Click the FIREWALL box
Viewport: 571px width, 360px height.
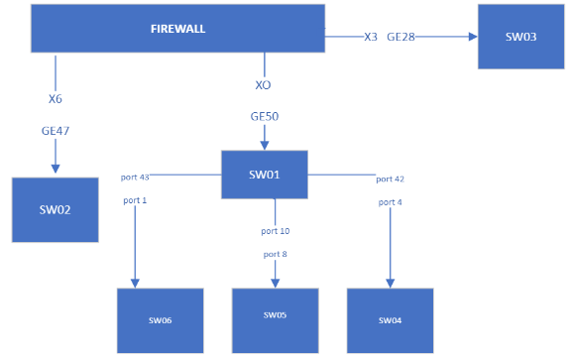point(177,29)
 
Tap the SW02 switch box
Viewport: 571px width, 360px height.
point(55,209)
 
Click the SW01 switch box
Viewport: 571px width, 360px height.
point(264,175)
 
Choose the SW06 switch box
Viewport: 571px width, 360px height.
point(160,320)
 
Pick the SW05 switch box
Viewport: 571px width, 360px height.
point(275,315)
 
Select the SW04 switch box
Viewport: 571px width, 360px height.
point(390,320)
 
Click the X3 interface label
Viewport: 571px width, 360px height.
point(371,37)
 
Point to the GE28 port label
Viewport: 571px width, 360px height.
point(401,37)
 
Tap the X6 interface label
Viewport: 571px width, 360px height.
point(56,99)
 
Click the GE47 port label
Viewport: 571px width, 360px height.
point(56,130)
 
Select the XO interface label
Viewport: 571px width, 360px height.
point(263,85)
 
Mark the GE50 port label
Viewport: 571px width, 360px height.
point(264,117)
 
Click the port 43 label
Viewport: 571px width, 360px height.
point(135,178)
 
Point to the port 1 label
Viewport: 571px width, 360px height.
point(135,200)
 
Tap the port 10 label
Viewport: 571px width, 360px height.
point(276,231)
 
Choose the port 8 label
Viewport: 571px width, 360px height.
point(275,255)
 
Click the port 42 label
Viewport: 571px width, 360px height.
point(390,180)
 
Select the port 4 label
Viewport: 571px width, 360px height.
point(390,202)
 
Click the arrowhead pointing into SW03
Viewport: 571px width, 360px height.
point(472,37)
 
